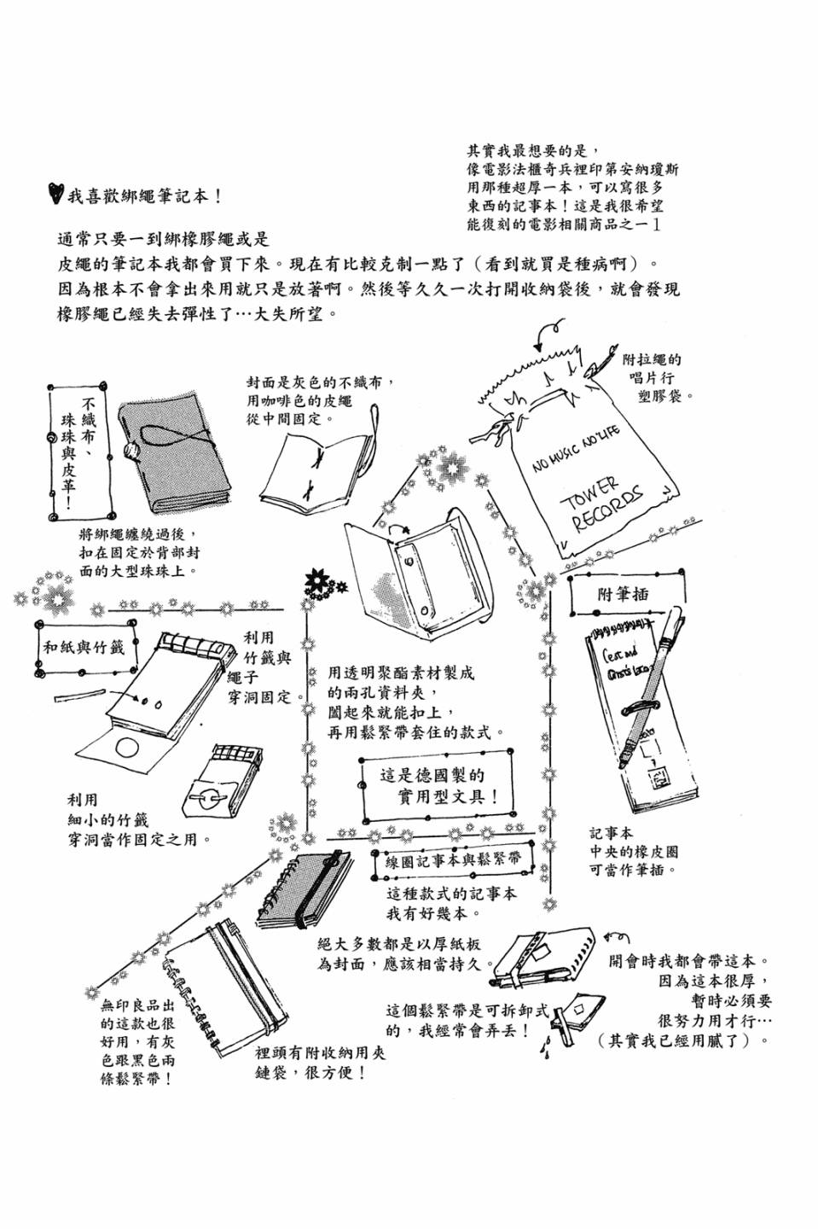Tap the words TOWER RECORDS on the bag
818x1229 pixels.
click(613, 504)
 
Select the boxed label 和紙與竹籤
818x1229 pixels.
click(84, 647)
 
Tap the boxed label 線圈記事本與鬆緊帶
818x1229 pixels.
click(453, 860)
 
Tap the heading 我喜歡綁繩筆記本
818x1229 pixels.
click(145, 195)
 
